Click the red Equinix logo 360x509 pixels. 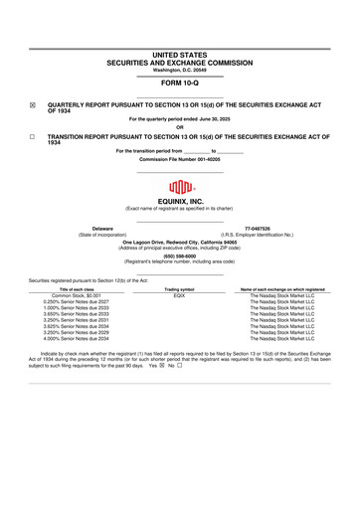[x=180, y=186]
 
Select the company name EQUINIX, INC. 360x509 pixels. [x=180, y=201]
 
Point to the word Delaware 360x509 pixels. [x=102, y=227]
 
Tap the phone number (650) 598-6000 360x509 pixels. [x=180, y=254]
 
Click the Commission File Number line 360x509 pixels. [x=180, y=158]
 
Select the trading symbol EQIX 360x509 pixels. [x=180, y=295]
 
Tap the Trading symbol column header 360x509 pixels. [x=180, y=288]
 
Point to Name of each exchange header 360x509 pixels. [x=282, y=288]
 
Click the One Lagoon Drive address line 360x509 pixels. [x=180, y=241]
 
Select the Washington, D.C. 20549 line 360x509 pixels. [x=180, y=70]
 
